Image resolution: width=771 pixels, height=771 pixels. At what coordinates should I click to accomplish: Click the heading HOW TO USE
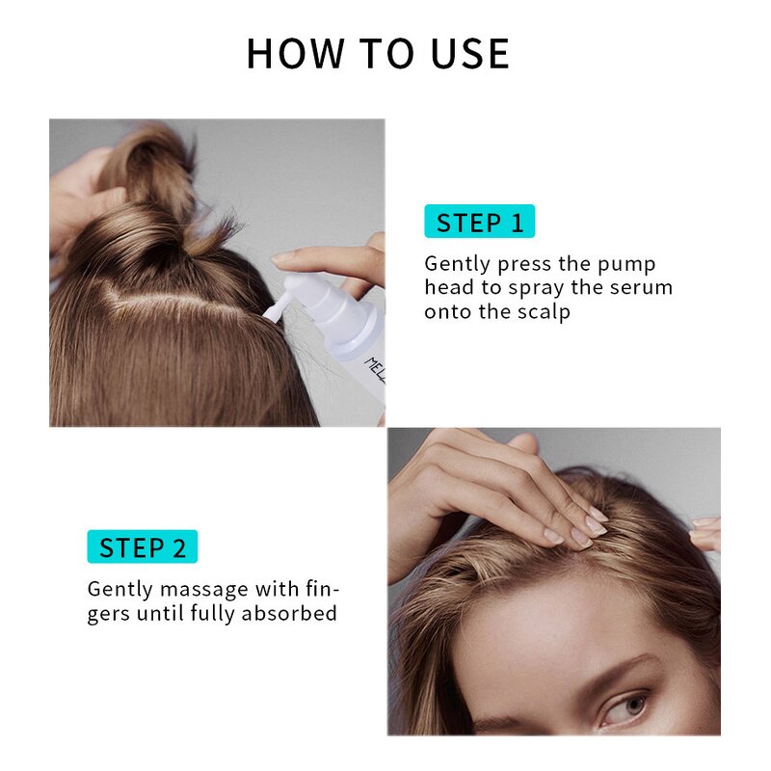378,53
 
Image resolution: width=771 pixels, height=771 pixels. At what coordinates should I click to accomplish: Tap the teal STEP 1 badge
479,223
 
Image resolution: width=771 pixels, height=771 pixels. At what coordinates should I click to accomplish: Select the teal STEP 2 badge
142,547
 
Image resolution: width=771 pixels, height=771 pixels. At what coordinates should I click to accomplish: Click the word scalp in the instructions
541,312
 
